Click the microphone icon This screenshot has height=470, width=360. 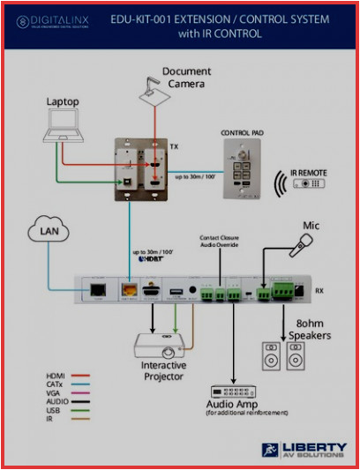coord(302,246)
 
